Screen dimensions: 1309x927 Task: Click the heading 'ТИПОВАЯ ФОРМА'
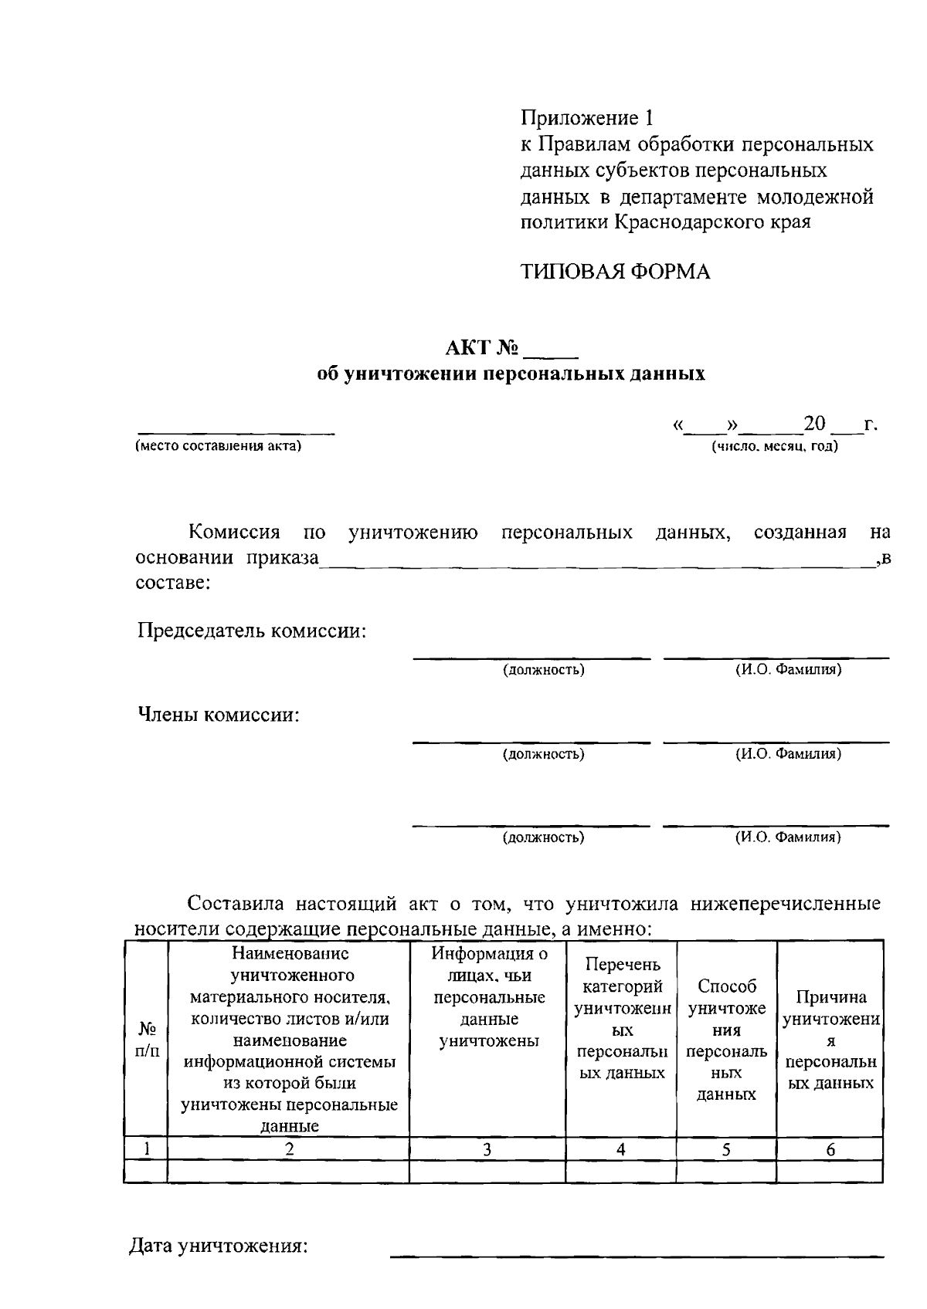pyautogui.click(x=615, y=272)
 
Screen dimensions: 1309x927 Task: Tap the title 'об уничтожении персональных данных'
pyautogui.click(x=511, y=374)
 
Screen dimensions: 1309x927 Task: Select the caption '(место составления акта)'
pyautogui.click(x=218, y=446)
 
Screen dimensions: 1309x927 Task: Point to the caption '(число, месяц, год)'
pyautogui.click(x=774, y=446)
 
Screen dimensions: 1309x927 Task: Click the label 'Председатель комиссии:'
pyautogui.click(x=252, y=631)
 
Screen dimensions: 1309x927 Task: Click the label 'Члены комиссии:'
pyautogui.click(x=219, y=715)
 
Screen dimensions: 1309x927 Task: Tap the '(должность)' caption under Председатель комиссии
pyautogui.click(x=544, y=670)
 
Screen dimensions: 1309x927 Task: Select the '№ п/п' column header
pyautogui.click(x=146, y=1039)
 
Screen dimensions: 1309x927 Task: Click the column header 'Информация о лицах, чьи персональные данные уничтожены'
pyautogui.click(x=488, y=997)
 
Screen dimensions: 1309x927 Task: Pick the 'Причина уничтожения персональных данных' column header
pyautogui.click(x=830, y=1039)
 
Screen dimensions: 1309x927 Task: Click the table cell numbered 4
pyautogui.click(x=620, y=1149)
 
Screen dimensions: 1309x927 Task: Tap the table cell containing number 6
pyautogui.click(x=830, y=1149)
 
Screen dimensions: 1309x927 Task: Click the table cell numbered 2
pyautogui.click(x=289, y=1149)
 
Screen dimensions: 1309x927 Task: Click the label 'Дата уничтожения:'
pyautogui.click(x=219, y=1246)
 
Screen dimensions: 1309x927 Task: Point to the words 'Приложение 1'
pyautogui.click(x=587, y=118)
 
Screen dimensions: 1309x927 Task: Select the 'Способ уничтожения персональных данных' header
pyautogui.click(x=726, y=1039)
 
